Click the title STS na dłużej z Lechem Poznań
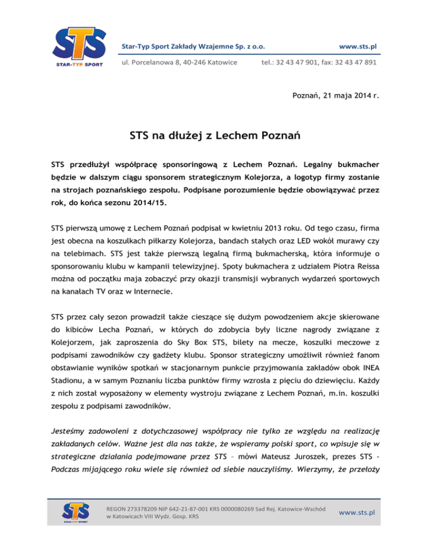coord(215,135)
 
